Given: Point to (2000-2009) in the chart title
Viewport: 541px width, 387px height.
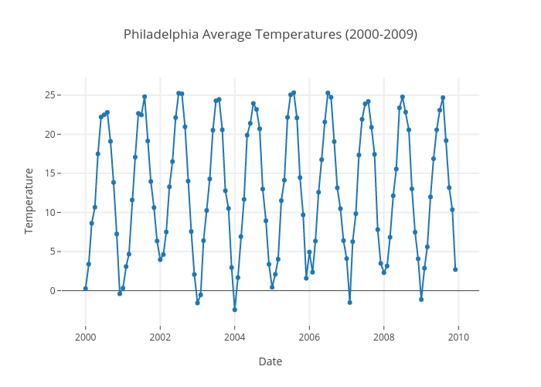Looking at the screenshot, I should (x=382, y=34).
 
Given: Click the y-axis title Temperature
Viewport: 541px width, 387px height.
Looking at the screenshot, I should (x=29, y=200).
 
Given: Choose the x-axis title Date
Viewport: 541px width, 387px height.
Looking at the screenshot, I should (x=270, y=361).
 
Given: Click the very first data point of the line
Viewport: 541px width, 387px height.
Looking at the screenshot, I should (x=86, y=289).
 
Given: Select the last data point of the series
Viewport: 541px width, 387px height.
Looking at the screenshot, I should (x=455, y=269).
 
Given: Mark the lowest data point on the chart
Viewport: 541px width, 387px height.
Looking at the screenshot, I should (x=234, y=310).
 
